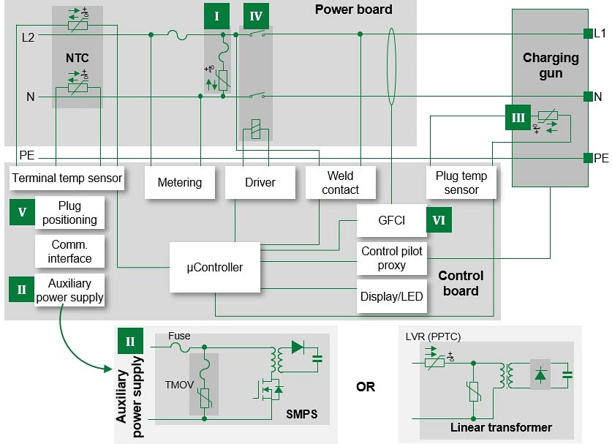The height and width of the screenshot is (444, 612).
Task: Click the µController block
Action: click(214, 267)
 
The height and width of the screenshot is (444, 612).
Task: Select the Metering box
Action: click(179, 182)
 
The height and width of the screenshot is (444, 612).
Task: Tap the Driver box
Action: click(260, 182)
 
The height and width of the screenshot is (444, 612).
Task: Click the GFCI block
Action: click(391, 220)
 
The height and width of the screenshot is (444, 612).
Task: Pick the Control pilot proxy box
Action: click(391, 257)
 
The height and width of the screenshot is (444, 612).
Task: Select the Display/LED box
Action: click(391, 296)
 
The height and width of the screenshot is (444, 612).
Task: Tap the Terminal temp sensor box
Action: click(67, 178)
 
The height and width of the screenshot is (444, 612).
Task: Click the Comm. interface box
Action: click(69, 251)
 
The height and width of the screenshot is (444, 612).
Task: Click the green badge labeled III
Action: click(518, 117)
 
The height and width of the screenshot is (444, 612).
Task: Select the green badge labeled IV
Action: click(256, 15)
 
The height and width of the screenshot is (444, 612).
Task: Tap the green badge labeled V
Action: click(22, 212)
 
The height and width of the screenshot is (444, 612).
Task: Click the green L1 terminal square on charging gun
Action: click(587, 34)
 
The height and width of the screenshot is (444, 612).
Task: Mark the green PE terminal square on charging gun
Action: click(587, 157)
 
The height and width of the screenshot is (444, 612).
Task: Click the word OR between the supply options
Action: click(366, 386)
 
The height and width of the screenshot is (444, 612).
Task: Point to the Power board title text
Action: click(353, 10)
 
